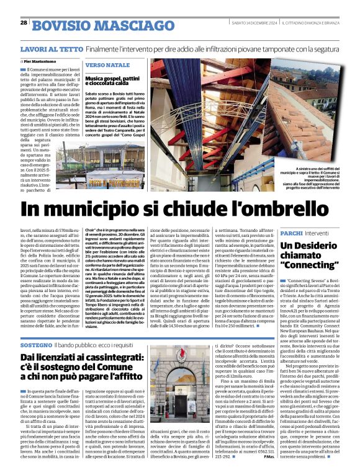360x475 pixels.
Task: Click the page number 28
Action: pos(24,22)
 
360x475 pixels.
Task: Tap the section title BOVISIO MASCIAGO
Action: pos(86,25)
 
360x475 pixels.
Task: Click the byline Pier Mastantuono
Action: pos(44,61)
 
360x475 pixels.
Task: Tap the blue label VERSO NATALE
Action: pos(107,64)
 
